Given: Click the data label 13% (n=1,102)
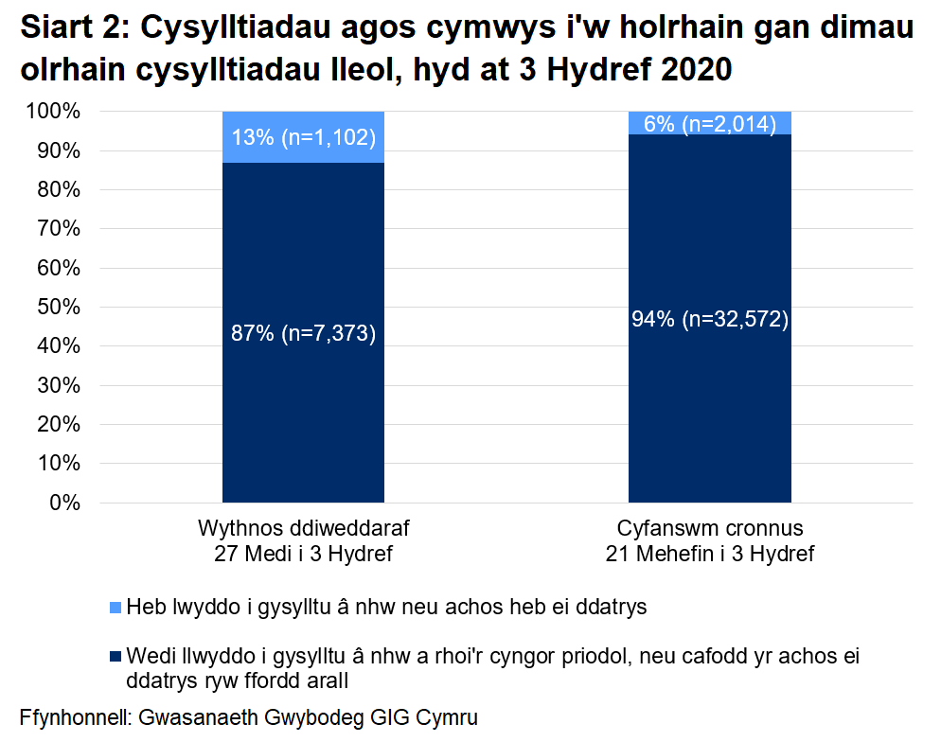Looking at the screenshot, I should pos(303,138).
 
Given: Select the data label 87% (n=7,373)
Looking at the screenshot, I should pos(303,333).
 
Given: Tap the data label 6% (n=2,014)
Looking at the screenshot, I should pos(710,123).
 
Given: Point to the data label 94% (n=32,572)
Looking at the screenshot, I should pos(710,319).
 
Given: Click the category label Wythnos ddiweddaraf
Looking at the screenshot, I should pos(303,528).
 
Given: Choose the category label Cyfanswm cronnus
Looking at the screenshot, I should pos(710,528).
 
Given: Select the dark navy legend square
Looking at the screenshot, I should pos(115,657).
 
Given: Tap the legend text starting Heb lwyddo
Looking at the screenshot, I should pos(386,608).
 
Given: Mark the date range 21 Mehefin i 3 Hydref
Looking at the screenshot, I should pos(710,554).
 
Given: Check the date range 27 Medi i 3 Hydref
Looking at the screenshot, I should pos(303,554).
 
